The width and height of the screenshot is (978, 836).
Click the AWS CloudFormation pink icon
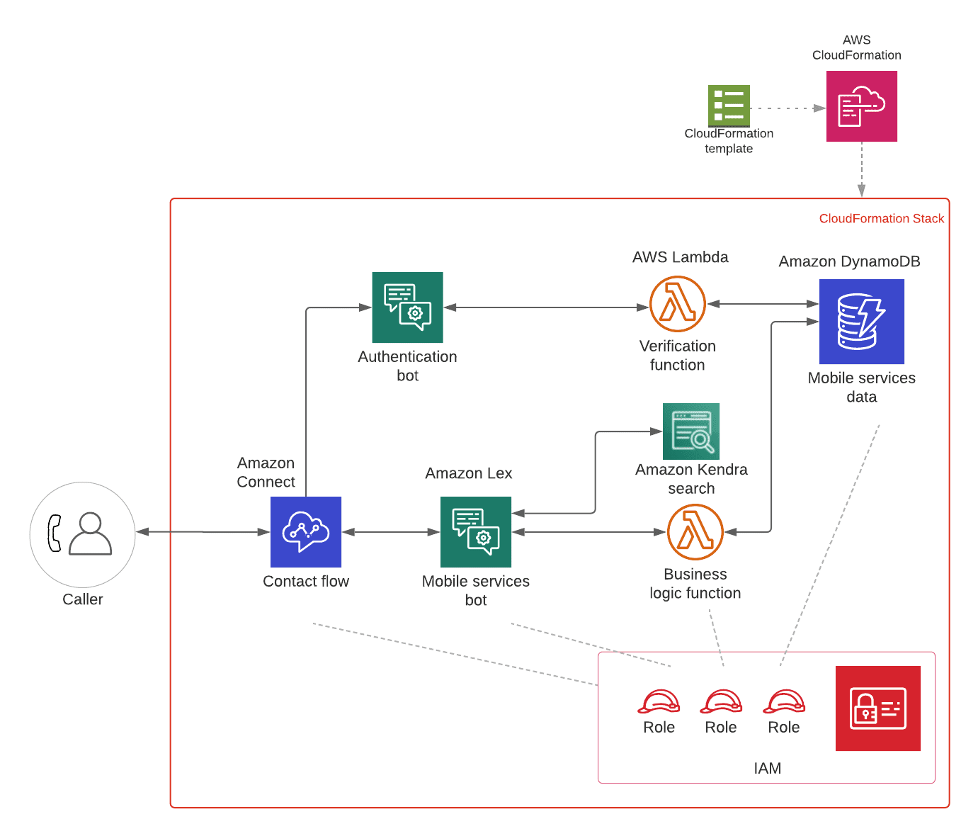tap(861, 106)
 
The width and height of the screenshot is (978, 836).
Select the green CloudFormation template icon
tap(729, 106)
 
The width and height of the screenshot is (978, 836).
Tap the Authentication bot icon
tap(407, 307)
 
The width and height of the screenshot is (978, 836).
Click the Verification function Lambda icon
tap(678, 304)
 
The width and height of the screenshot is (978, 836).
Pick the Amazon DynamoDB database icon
tap(861, 322)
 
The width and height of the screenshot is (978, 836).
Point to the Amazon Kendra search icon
tap(691, 431)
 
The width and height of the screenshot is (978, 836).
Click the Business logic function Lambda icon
tap(695, 532)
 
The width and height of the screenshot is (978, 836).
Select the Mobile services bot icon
tap(476, 532)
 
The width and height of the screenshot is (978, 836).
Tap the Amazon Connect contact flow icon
tap(306, 532)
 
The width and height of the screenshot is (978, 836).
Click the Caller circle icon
tap(82, 535)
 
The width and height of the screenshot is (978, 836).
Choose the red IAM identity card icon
tap(878, 708)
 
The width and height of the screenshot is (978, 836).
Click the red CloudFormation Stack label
tap(882, 218)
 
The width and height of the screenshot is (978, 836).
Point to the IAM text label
tap(768, 768)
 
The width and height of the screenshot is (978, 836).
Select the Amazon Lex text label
tap(469, 473)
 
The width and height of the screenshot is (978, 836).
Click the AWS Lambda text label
tap(680, 257)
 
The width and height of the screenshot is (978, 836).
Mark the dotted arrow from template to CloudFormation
tap(787, 108)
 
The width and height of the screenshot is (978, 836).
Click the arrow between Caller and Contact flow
tap(203, 532)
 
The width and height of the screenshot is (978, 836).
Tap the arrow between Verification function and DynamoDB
tap(763, 304)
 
